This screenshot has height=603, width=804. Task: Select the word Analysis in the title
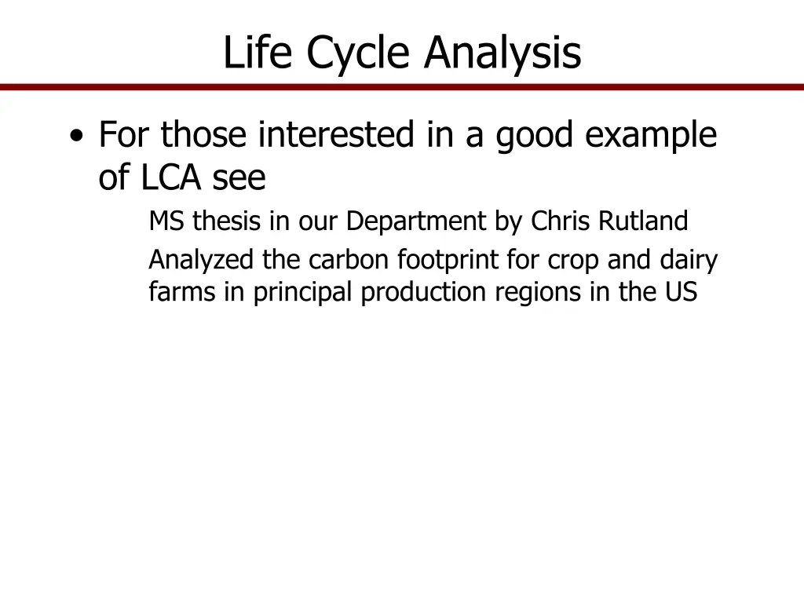click(502, 53)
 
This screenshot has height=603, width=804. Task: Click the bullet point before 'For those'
click(76, 136)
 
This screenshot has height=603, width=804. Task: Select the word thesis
click(228, 221)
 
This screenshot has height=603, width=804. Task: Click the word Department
click(416, 221)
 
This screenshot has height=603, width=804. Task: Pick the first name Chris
click(561, 221)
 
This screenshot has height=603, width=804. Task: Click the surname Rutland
click(642, 221)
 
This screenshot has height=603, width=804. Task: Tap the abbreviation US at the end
click(680, 292)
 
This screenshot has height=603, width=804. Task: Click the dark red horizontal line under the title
click(402, 87)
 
